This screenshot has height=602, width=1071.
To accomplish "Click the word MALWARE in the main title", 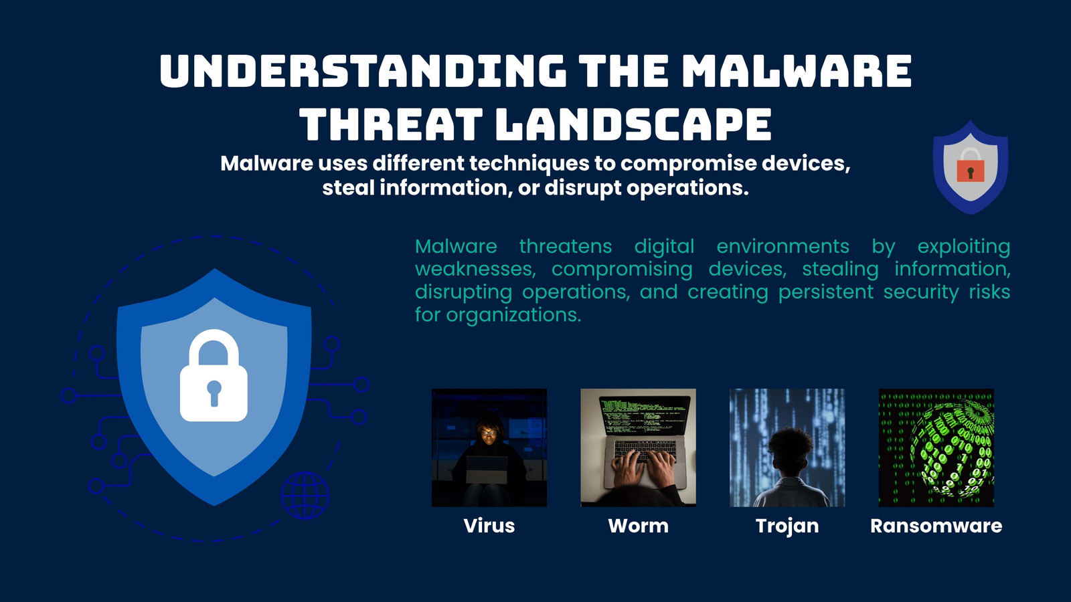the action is coord(796,71).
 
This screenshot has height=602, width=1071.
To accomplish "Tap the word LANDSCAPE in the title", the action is coord(633,124).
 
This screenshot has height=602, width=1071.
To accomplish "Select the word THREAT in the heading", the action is coord(391,124).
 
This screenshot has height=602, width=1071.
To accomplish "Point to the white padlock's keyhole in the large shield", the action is coord(214,393).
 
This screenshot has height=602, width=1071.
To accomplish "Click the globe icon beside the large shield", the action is coord(305,496).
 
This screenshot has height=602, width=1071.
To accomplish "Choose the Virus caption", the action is coord(489,526).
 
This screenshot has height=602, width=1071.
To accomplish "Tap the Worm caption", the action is coord(639,526).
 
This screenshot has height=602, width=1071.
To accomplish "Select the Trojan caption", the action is coord(787,526).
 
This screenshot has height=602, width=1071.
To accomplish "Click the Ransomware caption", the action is coord(936,526).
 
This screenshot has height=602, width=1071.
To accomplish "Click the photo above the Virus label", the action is coord(489,447).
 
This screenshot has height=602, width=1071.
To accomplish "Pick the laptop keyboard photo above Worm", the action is coord(639,447).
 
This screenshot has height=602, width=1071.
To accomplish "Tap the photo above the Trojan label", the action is coord(787,447).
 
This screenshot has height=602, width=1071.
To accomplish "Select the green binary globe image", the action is coord(936,447).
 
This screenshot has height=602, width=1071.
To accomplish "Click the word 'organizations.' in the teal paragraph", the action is coord(513,315).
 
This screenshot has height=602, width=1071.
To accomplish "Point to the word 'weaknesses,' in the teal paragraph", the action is coord(475,269).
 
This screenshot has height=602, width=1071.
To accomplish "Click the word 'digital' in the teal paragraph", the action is coord(664,247).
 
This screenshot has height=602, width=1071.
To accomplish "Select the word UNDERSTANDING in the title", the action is coord(363,71).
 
